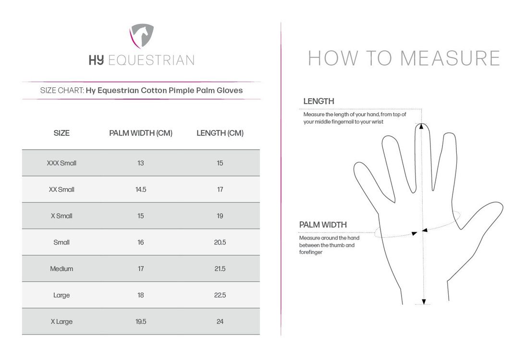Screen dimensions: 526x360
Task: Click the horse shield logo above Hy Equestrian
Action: coord(142,35)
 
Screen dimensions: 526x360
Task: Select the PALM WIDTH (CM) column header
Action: coord(141,133)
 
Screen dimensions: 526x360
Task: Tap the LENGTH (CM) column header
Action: coord(220,133)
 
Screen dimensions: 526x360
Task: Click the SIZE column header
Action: coord(61,133)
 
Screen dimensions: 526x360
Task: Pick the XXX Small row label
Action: coord(61,163)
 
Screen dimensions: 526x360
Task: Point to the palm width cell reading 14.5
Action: coord(141,190)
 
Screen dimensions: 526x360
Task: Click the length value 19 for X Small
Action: coord(220,216)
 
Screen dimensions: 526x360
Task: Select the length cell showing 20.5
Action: coord(220,242)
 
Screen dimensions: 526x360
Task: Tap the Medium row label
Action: coord(61,269)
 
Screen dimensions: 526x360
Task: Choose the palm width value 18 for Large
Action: coord(141,295)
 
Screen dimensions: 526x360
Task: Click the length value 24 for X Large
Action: coord(220,322)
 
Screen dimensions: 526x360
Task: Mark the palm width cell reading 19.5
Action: coord(141,322)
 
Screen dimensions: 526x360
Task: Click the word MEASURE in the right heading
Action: coord(450,59)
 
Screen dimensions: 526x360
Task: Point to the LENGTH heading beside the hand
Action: coord(318,101)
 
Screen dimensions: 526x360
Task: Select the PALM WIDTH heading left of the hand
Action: coord(323,225)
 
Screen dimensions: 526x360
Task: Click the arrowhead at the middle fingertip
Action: coord(421,126)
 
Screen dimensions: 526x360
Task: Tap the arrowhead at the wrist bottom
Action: coord(424,301)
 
